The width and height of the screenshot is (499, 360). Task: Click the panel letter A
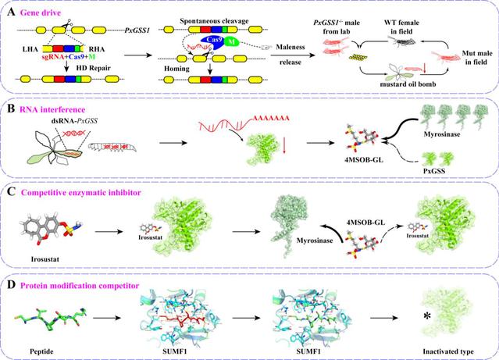pyautogui.click(x=9, y=8)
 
